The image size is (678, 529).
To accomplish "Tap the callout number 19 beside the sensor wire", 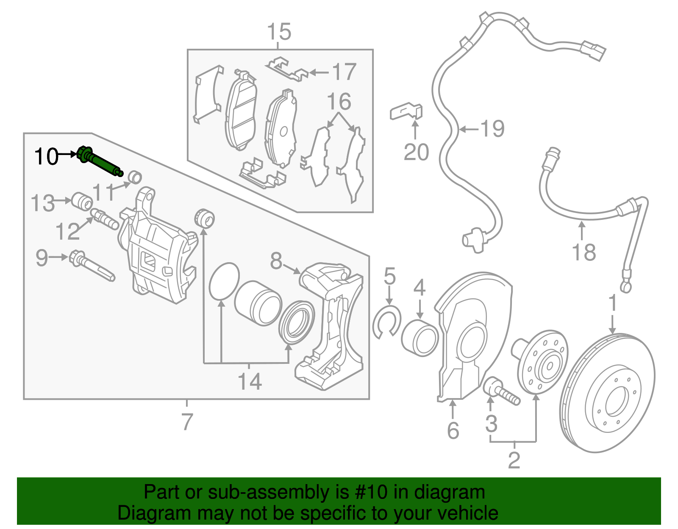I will (x=492, y=129).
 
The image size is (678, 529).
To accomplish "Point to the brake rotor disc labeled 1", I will (x=607, y=394).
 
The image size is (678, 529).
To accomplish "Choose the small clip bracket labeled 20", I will (x=406, y=111).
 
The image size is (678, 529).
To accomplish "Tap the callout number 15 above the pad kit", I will (x=279, y=32).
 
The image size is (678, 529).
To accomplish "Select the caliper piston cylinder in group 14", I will (x=258, y=303).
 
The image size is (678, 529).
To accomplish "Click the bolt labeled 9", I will (x=91, y=266).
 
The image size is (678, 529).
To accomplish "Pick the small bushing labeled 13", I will (x=81, y=201).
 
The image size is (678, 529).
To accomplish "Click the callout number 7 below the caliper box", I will (x=187, y=421).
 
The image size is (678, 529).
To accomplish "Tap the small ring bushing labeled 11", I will (x=134, y=177).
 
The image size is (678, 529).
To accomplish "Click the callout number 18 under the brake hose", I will (x=584, y=252).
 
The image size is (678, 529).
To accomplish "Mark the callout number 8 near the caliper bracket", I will (x=276, y=261).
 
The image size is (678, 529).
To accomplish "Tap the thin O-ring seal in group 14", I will (x=224, y=281).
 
